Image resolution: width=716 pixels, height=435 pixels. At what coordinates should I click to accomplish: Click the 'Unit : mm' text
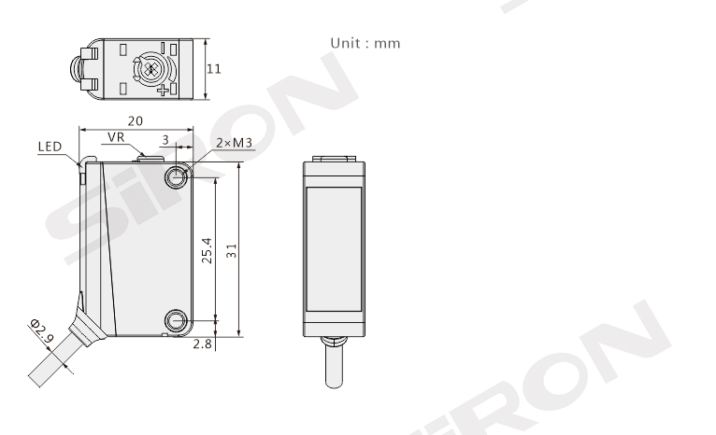pos(365,43)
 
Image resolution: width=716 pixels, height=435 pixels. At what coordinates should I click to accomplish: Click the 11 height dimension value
pos(214,69)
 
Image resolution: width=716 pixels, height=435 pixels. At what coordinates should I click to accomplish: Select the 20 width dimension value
pos(136,120)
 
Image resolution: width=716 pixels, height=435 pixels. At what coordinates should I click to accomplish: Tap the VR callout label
pos(116,137)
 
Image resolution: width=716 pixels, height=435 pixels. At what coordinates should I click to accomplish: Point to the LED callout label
pos(50,147)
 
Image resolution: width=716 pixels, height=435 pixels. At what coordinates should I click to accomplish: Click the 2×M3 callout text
pos(235,143)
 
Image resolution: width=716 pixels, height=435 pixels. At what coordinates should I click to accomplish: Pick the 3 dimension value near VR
pos(165,139)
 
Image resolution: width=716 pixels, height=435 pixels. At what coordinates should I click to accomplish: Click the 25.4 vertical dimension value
pos(207,250)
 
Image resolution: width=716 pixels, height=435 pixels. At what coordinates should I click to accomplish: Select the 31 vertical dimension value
pos(232,251)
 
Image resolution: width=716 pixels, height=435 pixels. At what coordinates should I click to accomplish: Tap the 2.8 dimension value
pos(202,344)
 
